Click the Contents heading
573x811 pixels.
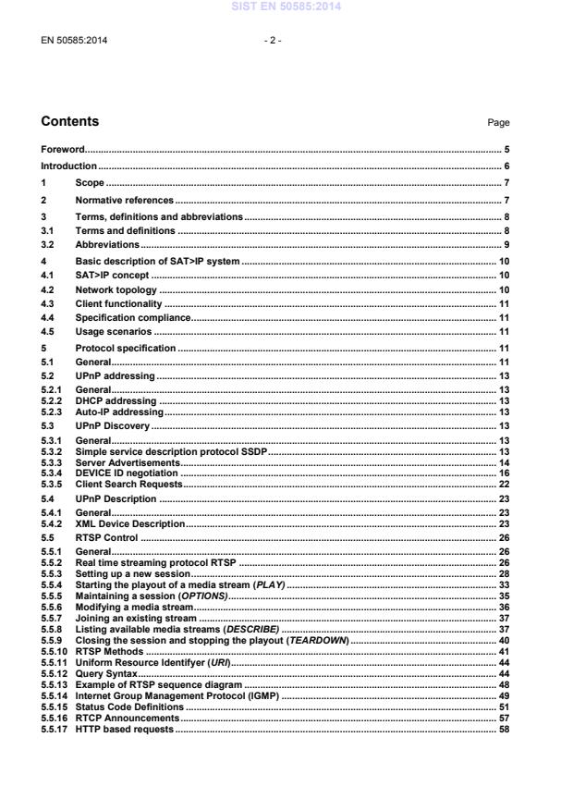pyautogui.click(x=70, y=122)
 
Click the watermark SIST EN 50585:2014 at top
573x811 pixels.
pyautogui.click(x=286, y=6)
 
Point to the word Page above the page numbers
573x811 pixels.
pyautogui.click(x=498, y=123)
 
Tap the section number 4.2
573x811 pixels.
pyautogui.click(x=48, y=290)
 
